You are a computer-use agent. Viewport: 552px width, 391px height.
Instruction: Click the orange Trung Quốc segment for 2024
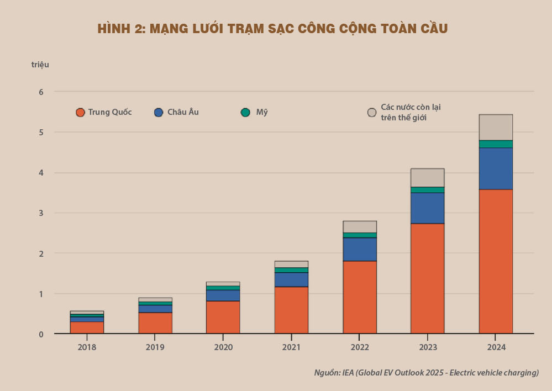click(496, 261)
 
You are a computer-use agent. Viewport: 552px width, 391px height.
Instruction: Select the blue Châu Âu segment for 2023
click(427, 208)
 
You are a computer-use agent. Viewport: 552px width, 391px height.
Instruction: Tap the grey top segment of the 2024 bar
click(496, 127)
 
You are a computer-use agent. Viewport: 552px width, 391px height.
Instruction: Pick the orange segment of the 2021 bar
click(291, 310)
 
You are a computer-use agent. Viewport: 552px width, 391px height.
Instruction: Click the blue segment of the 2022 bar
click(360, 249)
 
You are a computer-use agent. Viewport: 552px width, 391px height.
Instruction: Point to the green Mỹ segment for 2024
click(496, 144)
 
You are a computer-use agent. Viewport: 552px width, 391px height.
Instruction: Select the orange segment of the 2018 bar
click(87, 327)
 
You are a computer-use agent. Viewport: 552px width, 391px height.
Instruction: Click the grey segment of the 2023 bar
click(427, 177)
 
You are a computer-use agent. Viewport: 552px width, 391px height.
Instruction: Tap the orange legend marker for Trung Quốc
click(80, 113)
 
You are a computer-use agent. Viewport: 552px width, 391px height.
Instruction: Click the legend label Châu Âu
click(183, 112)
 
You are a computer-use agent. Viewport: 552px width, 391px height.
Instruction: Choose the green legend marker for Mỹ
click(245, 113)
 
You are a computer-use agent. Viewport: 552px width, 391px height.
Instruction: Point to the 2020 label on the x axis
click(223, 347)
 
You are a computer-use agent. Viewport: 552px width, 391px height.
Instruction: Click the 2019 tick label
click(155, 347)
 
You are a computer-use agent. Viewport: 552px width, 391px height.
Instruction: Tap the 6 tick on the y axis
click(41, 92)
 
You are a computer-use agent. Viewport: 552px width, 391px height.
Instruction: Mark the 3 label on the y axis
click(41, 213)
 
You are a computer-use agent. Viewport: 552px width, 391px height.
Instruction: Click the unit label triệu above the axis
click(40, 65)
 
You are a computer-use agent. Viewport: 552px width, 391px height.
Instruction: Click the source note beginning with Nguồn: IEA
click(426, 373)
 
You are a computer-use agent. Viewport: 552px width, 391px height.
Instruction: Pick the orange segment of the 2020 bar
click(223, 317)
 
